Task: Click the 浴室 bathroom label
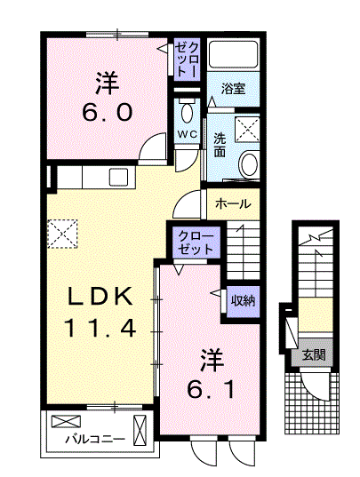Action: click(x=233, y=89)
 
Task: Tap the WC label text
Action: click(x=187, y=134)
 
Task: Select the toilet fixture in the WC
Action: click(x=187, y=113)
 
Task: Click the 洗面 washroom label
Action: click(x=220, y=144)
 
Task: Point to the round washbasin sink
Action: click(x=248, y=164)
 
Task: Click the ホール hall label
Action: click(x=233, y=203)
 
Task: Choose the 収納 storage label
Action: click(x=243, y=300)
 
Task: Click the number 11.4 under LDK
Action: click(x=100, y=329)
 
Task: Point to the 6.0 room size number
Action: click(x=109, y=113)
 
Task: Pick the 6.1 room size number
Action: click(x=212, y=388)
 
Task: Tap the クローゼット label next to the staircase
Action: click(x=195, y=242)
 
